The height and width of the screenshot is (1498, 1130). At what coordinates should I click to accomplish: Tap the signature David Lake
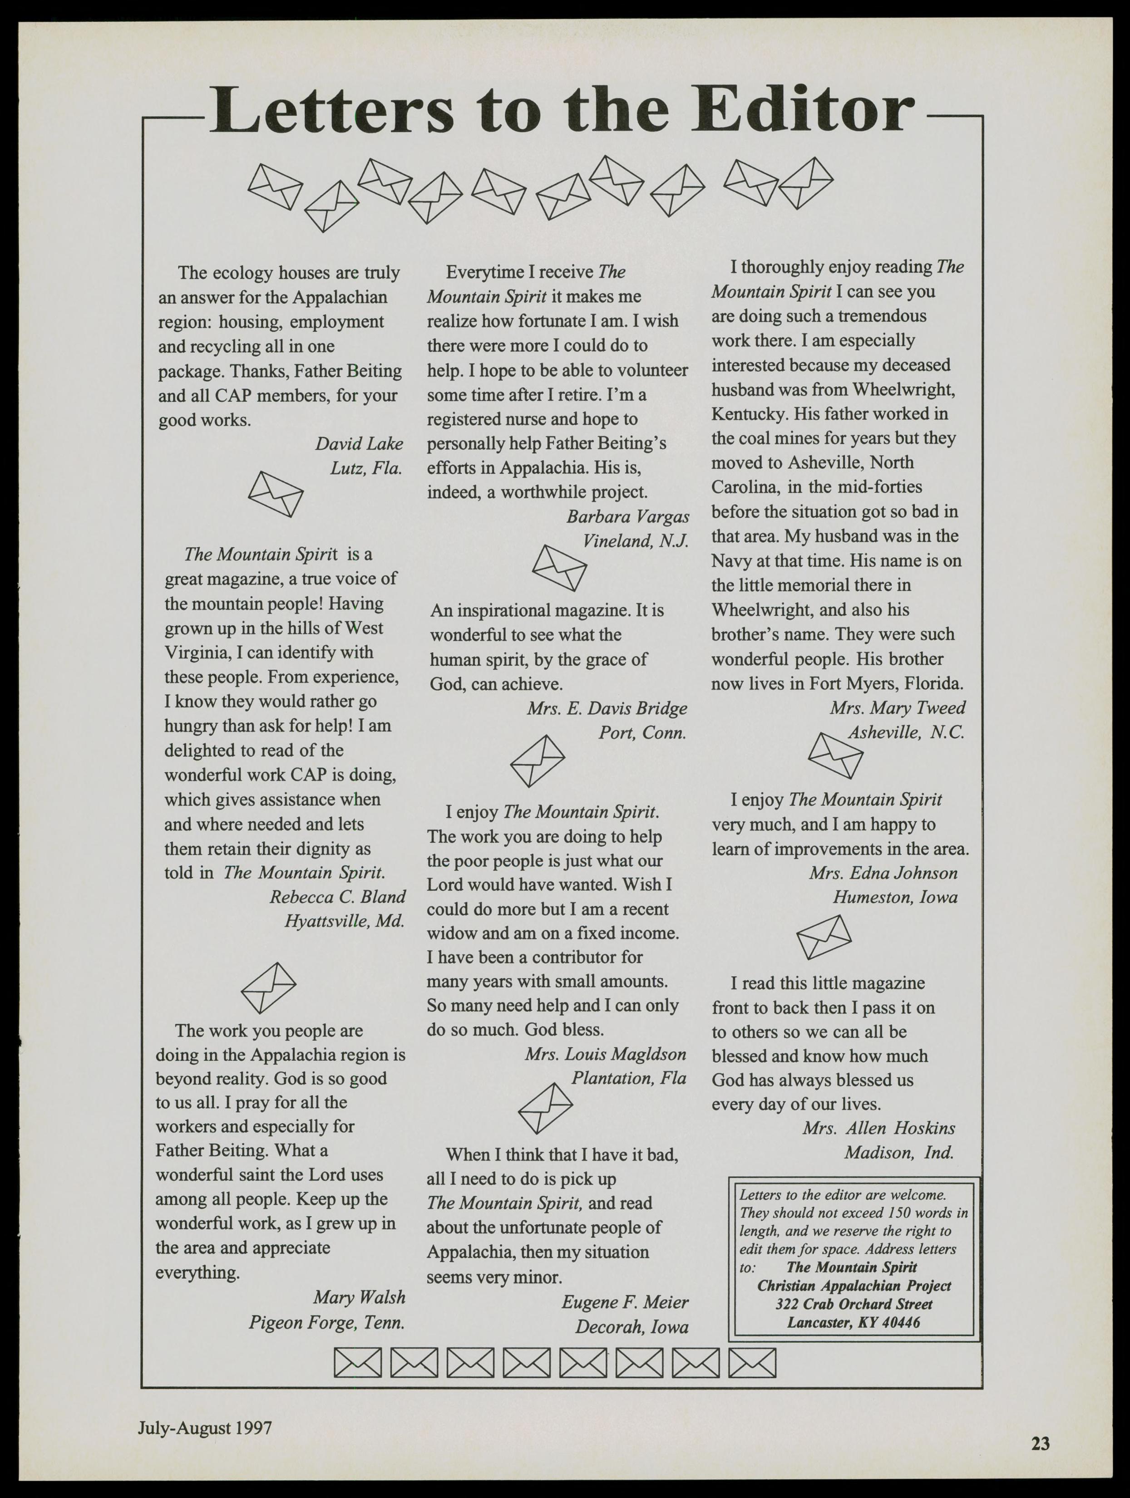pyautogui.click(x=359, y=443)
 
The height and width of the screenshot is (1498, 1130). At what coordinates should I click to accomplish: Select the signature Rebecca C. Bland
pyautogui.click(x=337, y=897)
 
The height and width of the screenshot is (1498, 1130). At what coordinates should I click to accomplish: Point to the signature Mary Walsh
pyautogui.click(x=359, y=1297)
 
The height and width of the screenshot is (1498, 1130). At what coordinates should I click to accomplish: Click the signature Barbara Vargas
pyautogui.click(x=627, y=517)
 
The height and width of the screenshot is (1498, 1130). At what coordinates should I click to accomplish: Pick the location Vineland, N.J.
pyautogui.click(x=636, y=541)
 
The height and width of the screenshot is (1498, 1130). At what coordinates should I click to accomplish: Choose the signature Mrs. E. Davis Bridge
pyautogui.click(x=607, y=708)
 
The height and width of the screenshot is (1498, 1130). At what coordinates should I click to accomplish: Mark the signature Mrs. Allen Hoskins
pyautogui.click(x=878, y=1128)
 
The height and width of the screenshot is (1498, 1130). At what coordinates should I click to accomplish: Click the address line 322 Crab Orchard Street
pyautogui.click(x=854, y=1304)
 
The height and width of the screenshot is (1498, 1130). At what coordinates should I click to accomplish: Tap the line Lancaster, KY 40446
pyautogui.click(x=854, y=1322)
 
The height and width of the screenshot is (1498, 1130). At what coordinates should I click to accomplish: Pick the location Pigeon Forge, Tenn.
pyautogui.click(x=326, y=1322)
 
